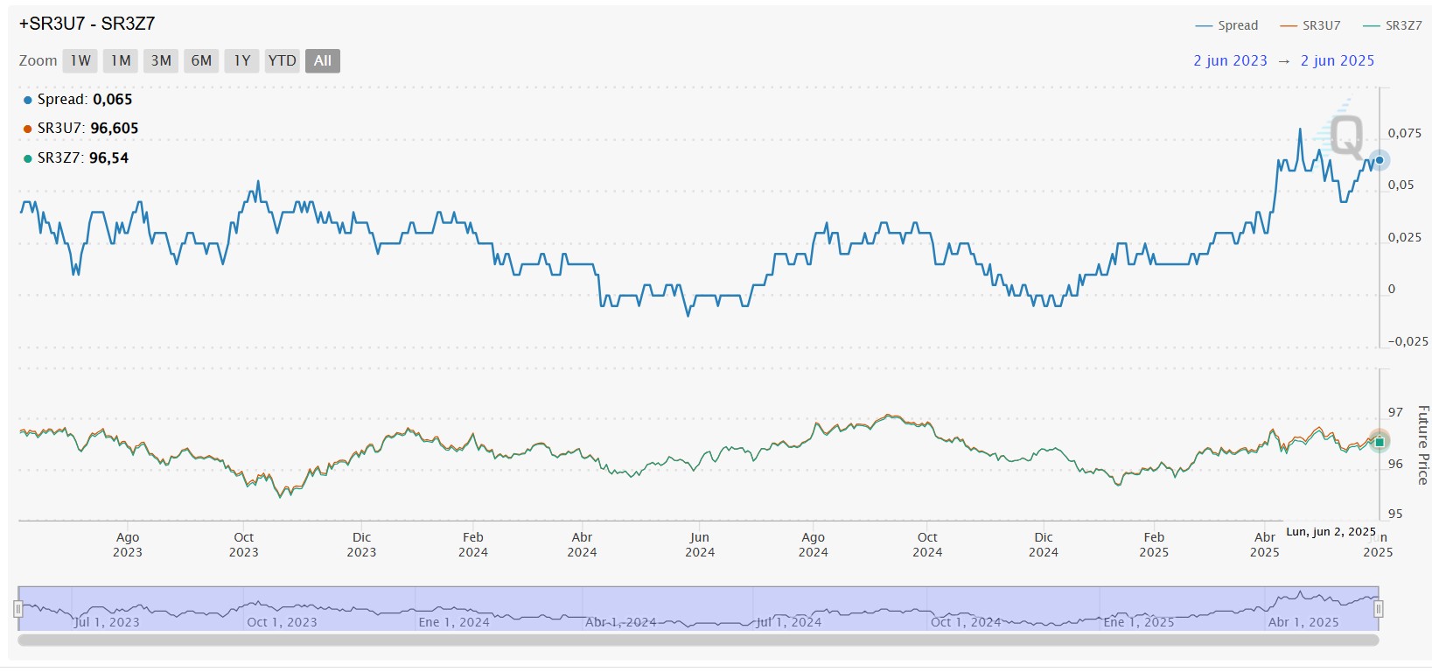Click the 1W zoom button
click(80, 61)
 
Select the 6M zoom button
click(201, 61)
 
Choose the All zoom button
click(323, 61)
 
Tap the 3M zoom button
click(161, 61)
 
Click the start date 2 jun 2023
click(1230, 60)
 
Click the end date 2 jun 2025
click(1337, 60)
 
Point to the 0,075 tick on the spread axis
click(1404, 133)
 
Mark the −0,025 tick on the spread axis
click(1408, 341)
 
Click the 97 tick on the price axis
click(1395, 412)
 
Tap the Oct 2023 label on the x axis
click(244, 544)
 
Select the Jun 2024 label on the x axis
click(700, 544)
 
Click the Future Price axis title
click(1422, 444)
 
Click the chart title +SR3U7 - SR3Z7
click(87, 24)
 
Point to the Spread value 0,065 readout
click(112, 100)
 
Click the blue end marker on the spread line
click(1380, 160)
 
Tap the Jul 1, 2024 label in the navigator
click(788, 622)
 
